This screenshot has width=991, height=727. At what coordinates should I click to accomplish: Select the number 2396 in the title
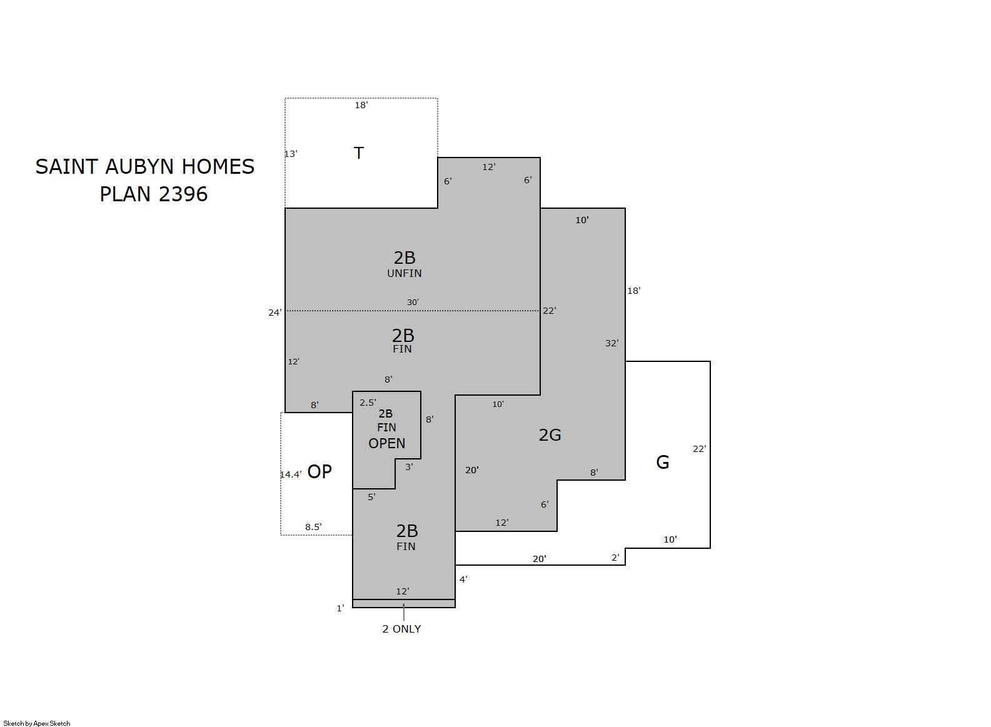pos(183,194)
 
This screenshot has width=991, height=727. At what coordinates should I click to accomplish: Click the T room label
pos(359,153)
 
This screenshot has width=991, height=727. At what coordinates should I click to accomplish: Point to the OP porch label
pos(319,472)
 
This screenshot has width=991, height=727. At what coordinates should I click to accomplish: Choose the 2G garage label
pos(550,435)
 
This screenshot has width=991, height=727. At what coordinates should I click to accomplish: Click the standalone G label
pos(662,462)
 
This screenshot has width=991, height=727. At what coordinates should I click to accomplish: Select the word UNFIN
pos(405,273)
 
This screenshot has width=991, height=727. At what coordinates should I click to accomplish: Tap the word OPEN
pos(386,444)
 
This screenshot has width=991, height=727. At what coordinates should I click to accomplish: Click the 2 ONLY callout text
pos(401,629)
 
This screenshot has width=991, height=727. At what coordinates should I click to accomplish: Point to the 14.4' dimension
pos(291,474)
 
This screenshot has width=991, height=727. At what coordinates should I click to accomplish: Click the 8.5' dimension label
pos(313,527)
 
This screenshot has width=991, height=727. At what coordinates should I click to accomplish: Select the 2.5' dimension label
pos(368,403)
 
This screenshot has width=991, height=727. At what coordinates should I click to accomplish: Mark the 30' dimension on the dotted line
pos(413,303)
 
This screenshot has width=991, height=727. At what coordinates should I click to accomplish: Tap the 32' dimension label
pos(612,343)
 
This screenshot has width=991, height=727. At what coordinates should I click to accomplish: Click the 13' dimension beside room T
pos(291,154)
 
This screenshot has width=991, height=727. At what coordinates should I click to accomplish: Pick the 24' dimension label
pos(274,313)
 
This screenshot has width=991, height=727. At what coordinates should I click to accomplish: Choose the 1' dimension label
pos(340,608)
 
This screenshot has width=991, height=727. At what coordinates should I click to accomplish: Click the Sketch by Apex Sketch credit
pos(37,723)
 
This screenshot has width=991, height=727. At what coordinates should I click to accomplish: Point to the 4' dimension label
pos(463,579)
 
